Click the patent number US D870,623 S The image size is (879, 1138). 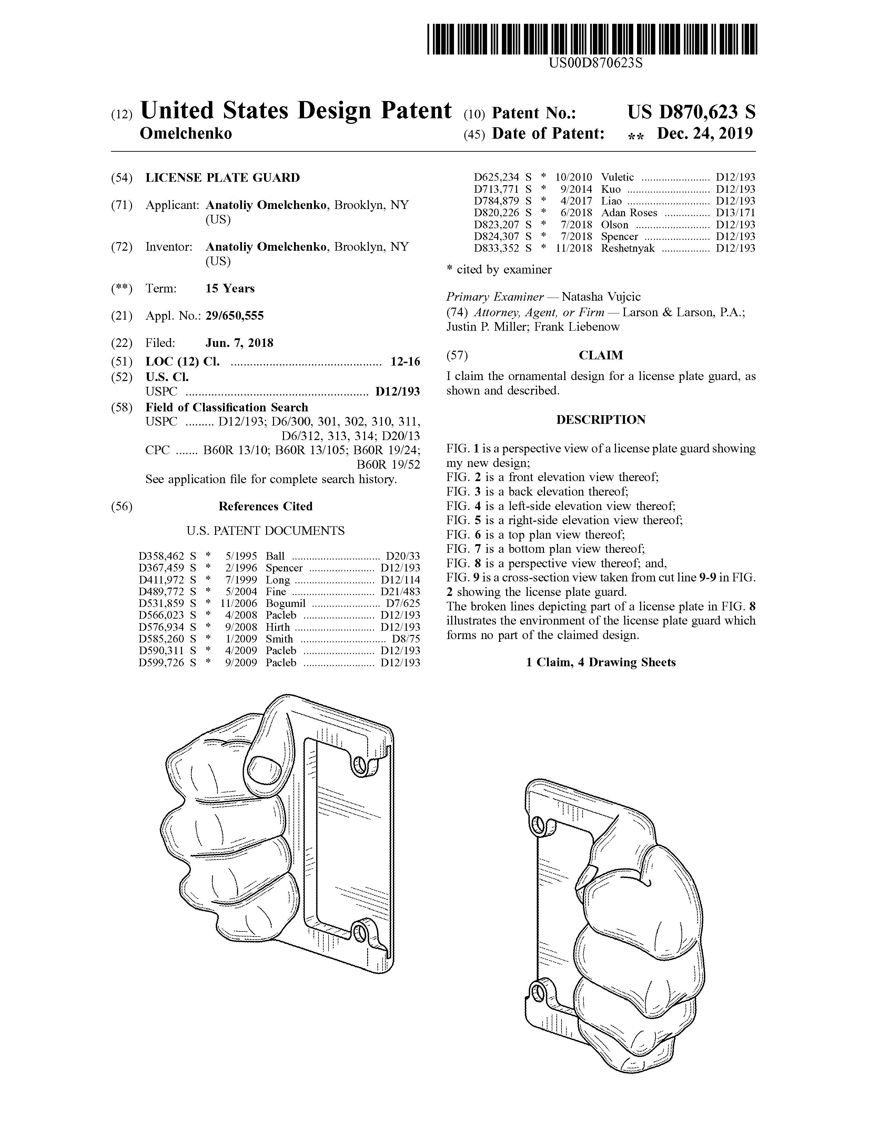pyautogui.click(x=691, y=112)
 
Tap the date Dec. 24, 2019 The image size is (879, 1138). pyautogui.click(x=705, y=134)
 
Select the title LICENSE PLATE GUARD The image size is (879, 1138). pyautogui.click(x=222, y=178)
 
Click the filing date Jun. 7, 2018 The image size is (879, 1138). pyautogui.click(x=239, y=343)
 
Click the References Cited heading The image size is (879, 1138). pyautogui.click(x=265, y=507)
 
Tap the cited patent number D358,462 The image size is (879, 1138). pyautogui.click(x=161, y=556)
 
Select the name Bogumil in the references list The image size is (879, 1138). pyautogui.click(x=285, y=603)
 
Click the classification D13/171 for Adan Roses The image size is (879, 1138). pyautogui.click(x=735, y=212)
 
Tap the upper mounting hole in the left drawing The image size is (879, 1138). pyautogui.click(x=359, y=765)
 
